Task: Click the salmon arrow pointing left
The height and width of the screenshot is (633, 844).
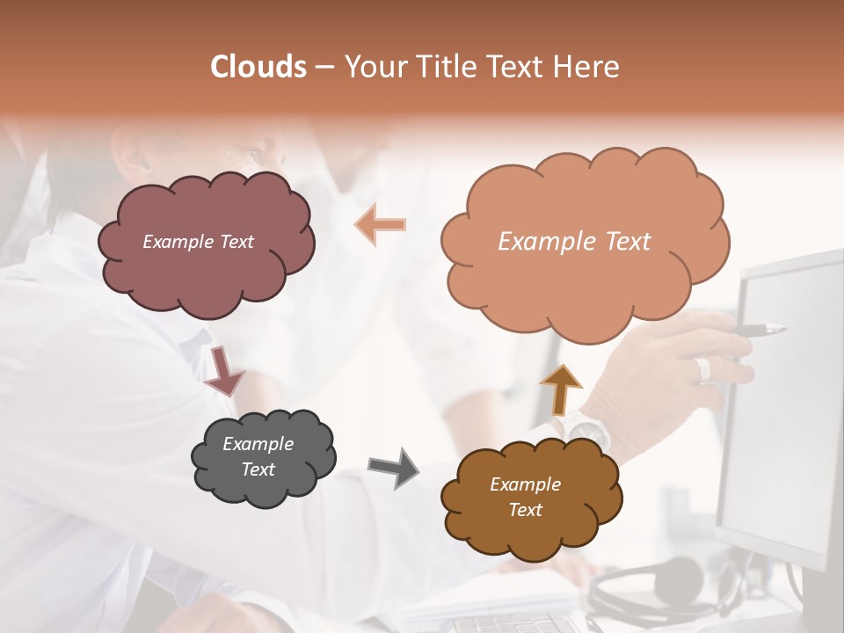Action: (x=381, y=224)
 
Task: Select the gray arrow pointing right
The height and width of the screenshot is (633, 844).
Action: (x=393, y=467)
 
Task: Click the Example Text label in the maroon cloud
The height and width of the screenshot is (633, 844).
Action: (x=198, y=242)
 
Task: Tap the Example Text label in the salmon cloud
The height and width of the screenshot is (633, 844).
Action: (x=574, y=242)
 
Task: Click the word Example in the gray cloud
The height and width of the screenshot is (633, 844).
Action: (x=258, y=444)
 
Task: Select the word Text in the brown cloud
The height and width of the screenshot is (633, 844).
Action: (x=525, y=510)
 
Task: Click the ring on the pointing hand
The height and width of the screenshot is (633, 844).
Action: (x=702, y=369)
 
